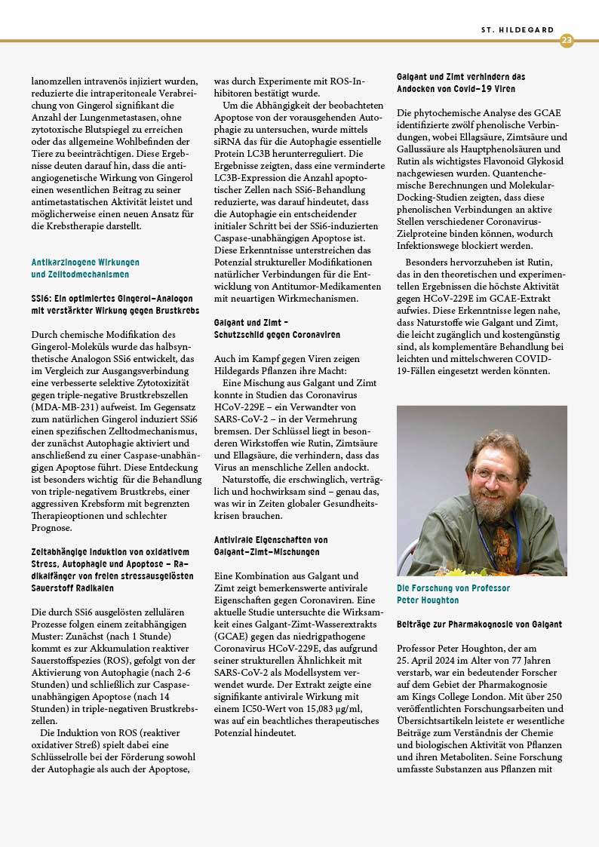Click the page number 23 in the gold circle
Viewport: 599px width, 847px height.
point(567,40)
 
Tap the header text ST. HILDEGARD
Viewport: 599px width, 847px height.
point(517,30)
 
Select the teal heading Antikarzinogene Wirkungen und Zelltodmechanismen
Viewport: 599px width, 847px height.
point(85,269)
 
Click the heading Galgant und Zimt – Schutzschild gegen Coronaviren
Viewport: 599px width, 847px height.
point(277,328)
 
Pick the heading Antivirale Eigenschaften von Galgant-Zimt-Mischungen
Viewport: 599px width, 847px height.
point(271,546)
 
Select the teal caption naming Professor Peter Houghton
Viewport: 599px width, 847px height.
point(453,594)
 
